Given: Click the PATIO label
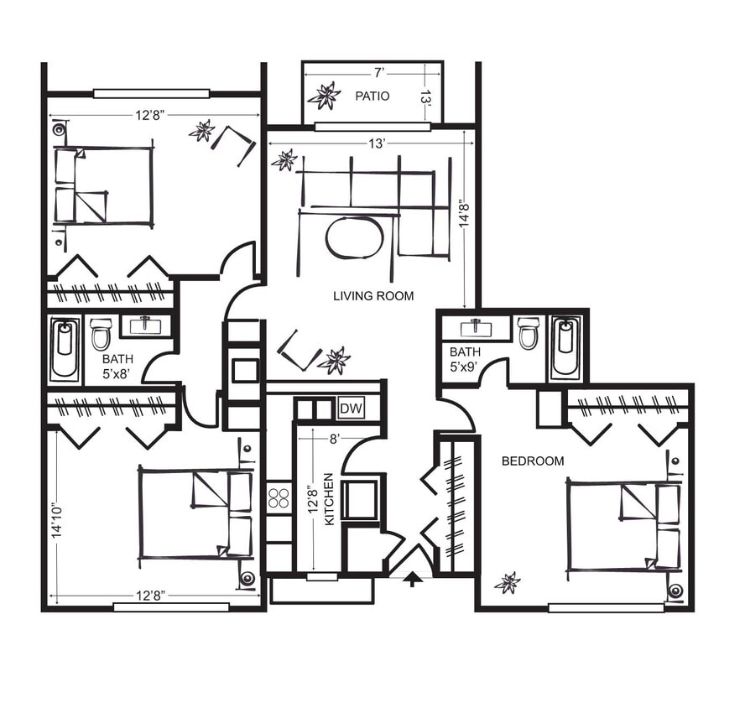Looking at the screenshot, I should [372, 96].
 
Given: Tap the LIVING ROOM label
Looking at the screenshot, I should [373, 295].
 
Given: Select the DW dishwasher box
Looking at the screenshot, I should [351, 409].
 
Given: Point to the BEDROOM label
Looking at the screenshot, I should [533, 461].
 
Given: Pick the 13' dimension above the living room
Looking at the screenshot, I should [377, 144].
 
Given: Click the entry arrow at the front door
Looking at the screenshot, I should [411, 580].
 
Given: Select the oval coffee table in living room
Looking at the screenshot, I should [354, 238].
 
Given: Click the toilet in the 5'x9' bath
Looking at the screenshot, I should [529, 333].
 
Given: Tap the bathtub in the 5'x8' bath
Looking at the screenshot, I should [64, 348].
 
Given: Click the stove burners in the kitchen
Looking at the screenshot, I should [279, 497].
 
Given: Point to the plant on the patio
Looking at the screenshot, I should [324, 96].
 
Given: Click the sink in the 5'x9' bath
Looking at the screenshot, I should [476, 325].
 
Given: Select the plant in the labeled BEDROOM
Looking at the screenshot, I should [508, 582].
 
